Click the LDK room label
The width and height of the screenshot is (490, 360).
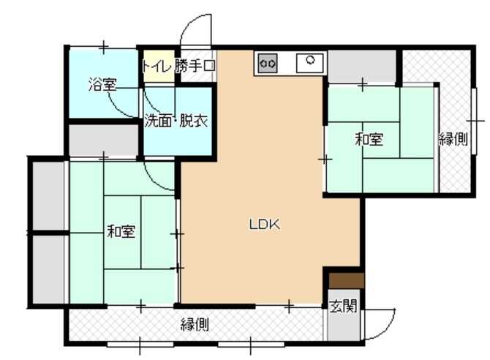[x=264, y=224]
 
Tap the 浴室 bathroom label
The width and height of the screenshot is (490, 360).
[x=102, y=84]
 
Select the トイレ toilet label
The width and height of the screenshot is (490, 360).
[x=157, y=66]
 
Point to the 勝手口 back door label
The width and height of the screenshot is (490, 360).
[x=195, y=66]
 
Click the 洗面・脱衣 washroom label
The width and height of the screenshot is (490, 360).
[x=176, y=121]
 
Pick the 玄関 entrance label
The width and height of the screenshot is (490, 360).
[x=344, y=306]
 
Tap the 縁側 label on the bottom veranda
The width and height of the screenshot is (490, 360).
[x=195, y=325]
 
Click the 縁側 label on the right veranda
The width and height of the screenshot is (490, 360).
[x=453, y=139]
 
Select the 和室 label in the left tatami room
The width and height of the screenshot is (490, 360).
[x=121, y=231]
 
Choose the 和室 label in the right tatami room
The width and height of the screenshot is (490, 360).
[x=369, y=139]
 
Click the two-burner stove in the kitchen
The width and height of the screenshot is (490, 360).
[x=268, y=64]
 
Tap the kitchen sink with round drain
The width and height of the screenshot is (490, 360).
[x=310, y=63]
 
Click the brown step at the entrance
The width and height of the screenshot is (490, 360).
[x=346, y=280]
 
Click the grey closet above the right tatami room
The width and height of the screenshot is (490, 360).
[x=361, y=67]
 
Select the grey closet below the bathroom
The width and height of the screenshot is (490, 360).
[x=103, y=140]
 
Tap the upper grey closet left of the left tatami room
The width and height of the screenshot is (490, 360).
[x=48, y=195]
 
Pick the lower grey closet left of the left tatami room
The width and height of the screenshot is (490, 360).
[x=48, y=269]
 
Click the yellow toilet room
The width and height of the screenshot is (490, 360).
[x=159, y=67]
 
